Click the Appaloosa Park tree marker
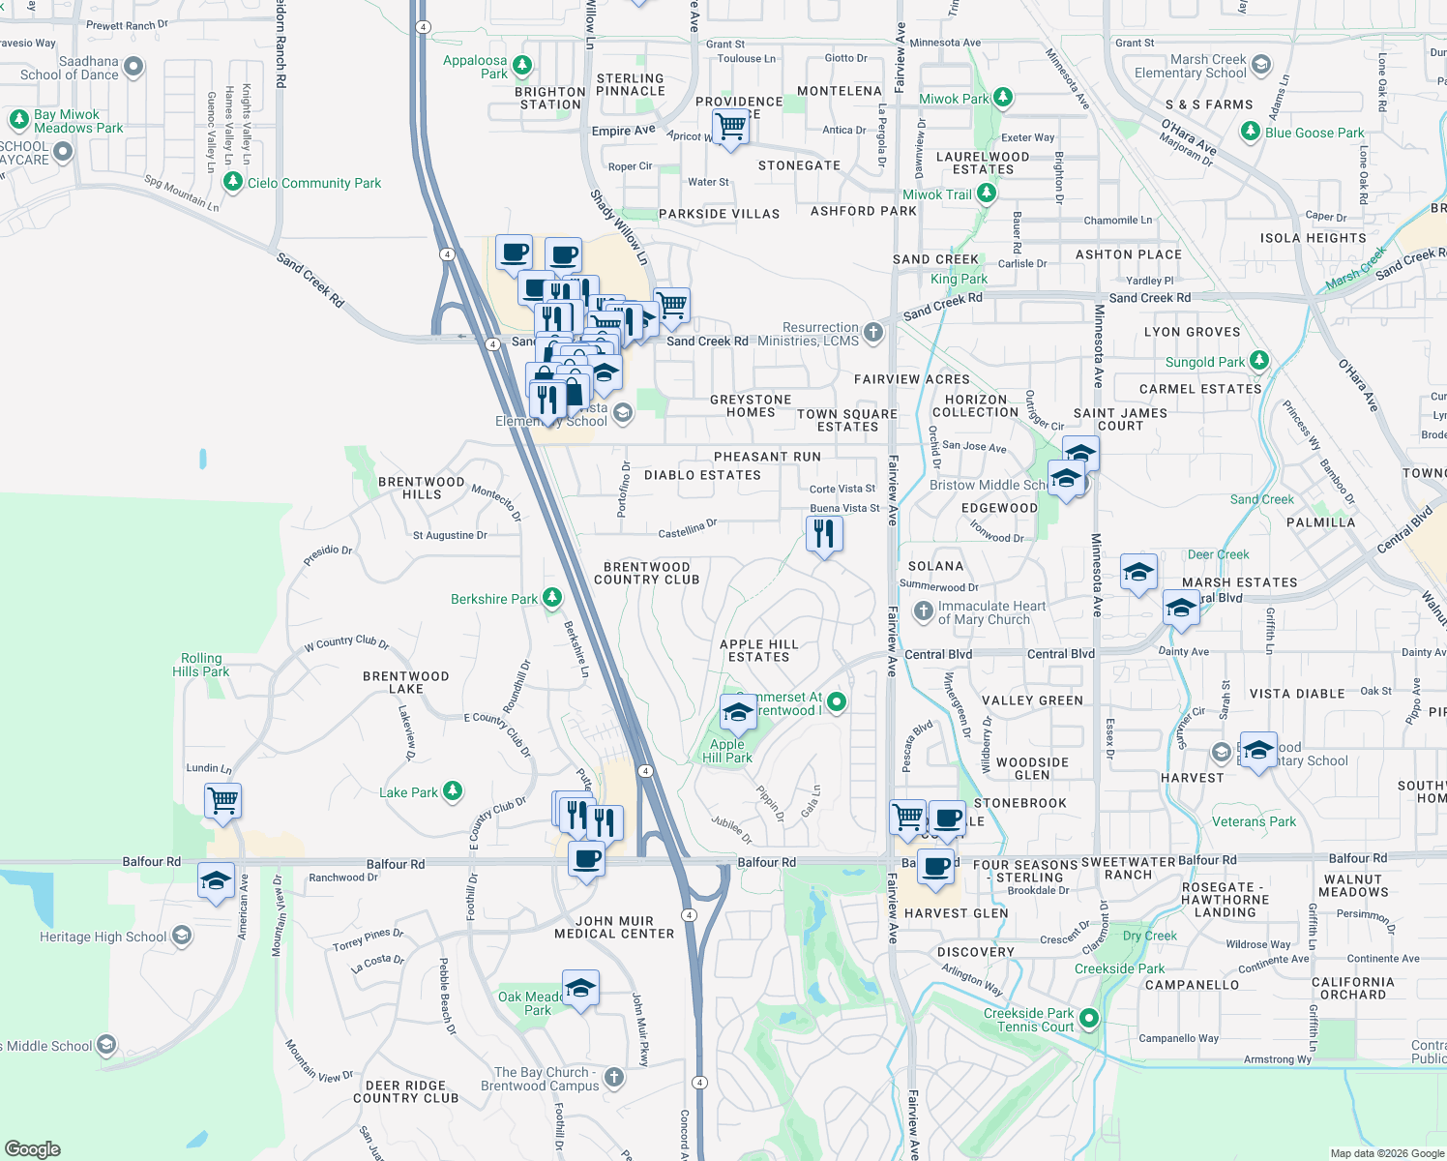[522, 66]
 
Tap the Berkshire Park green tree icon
[552, 598]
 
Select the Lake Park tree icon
[452, 791]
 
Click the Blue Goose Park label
[1314, 133]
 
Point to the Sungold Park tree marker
[1258, 361]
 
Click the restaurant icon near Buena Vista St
[824, 533]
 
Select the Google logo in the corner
[32, 1149]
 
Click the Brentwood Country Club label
[646, 574]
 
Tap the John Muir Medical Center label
[614, 928]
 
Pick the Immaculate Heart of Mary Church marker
[923, 611]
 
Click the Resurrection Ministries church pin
[873, 333]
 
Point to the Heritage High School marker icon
[182, 936]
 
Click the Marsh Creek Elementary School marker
[1260, 65]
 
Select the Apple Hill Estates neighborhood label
[759, 651]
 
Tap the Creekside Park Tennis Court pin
[1089, 1018]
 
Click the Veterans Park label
[1254, 821]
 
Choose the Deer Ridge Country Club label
[406, 1092]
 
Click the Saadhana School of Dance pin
[133, 67]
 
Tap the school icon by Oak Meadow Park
[580, 989]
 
